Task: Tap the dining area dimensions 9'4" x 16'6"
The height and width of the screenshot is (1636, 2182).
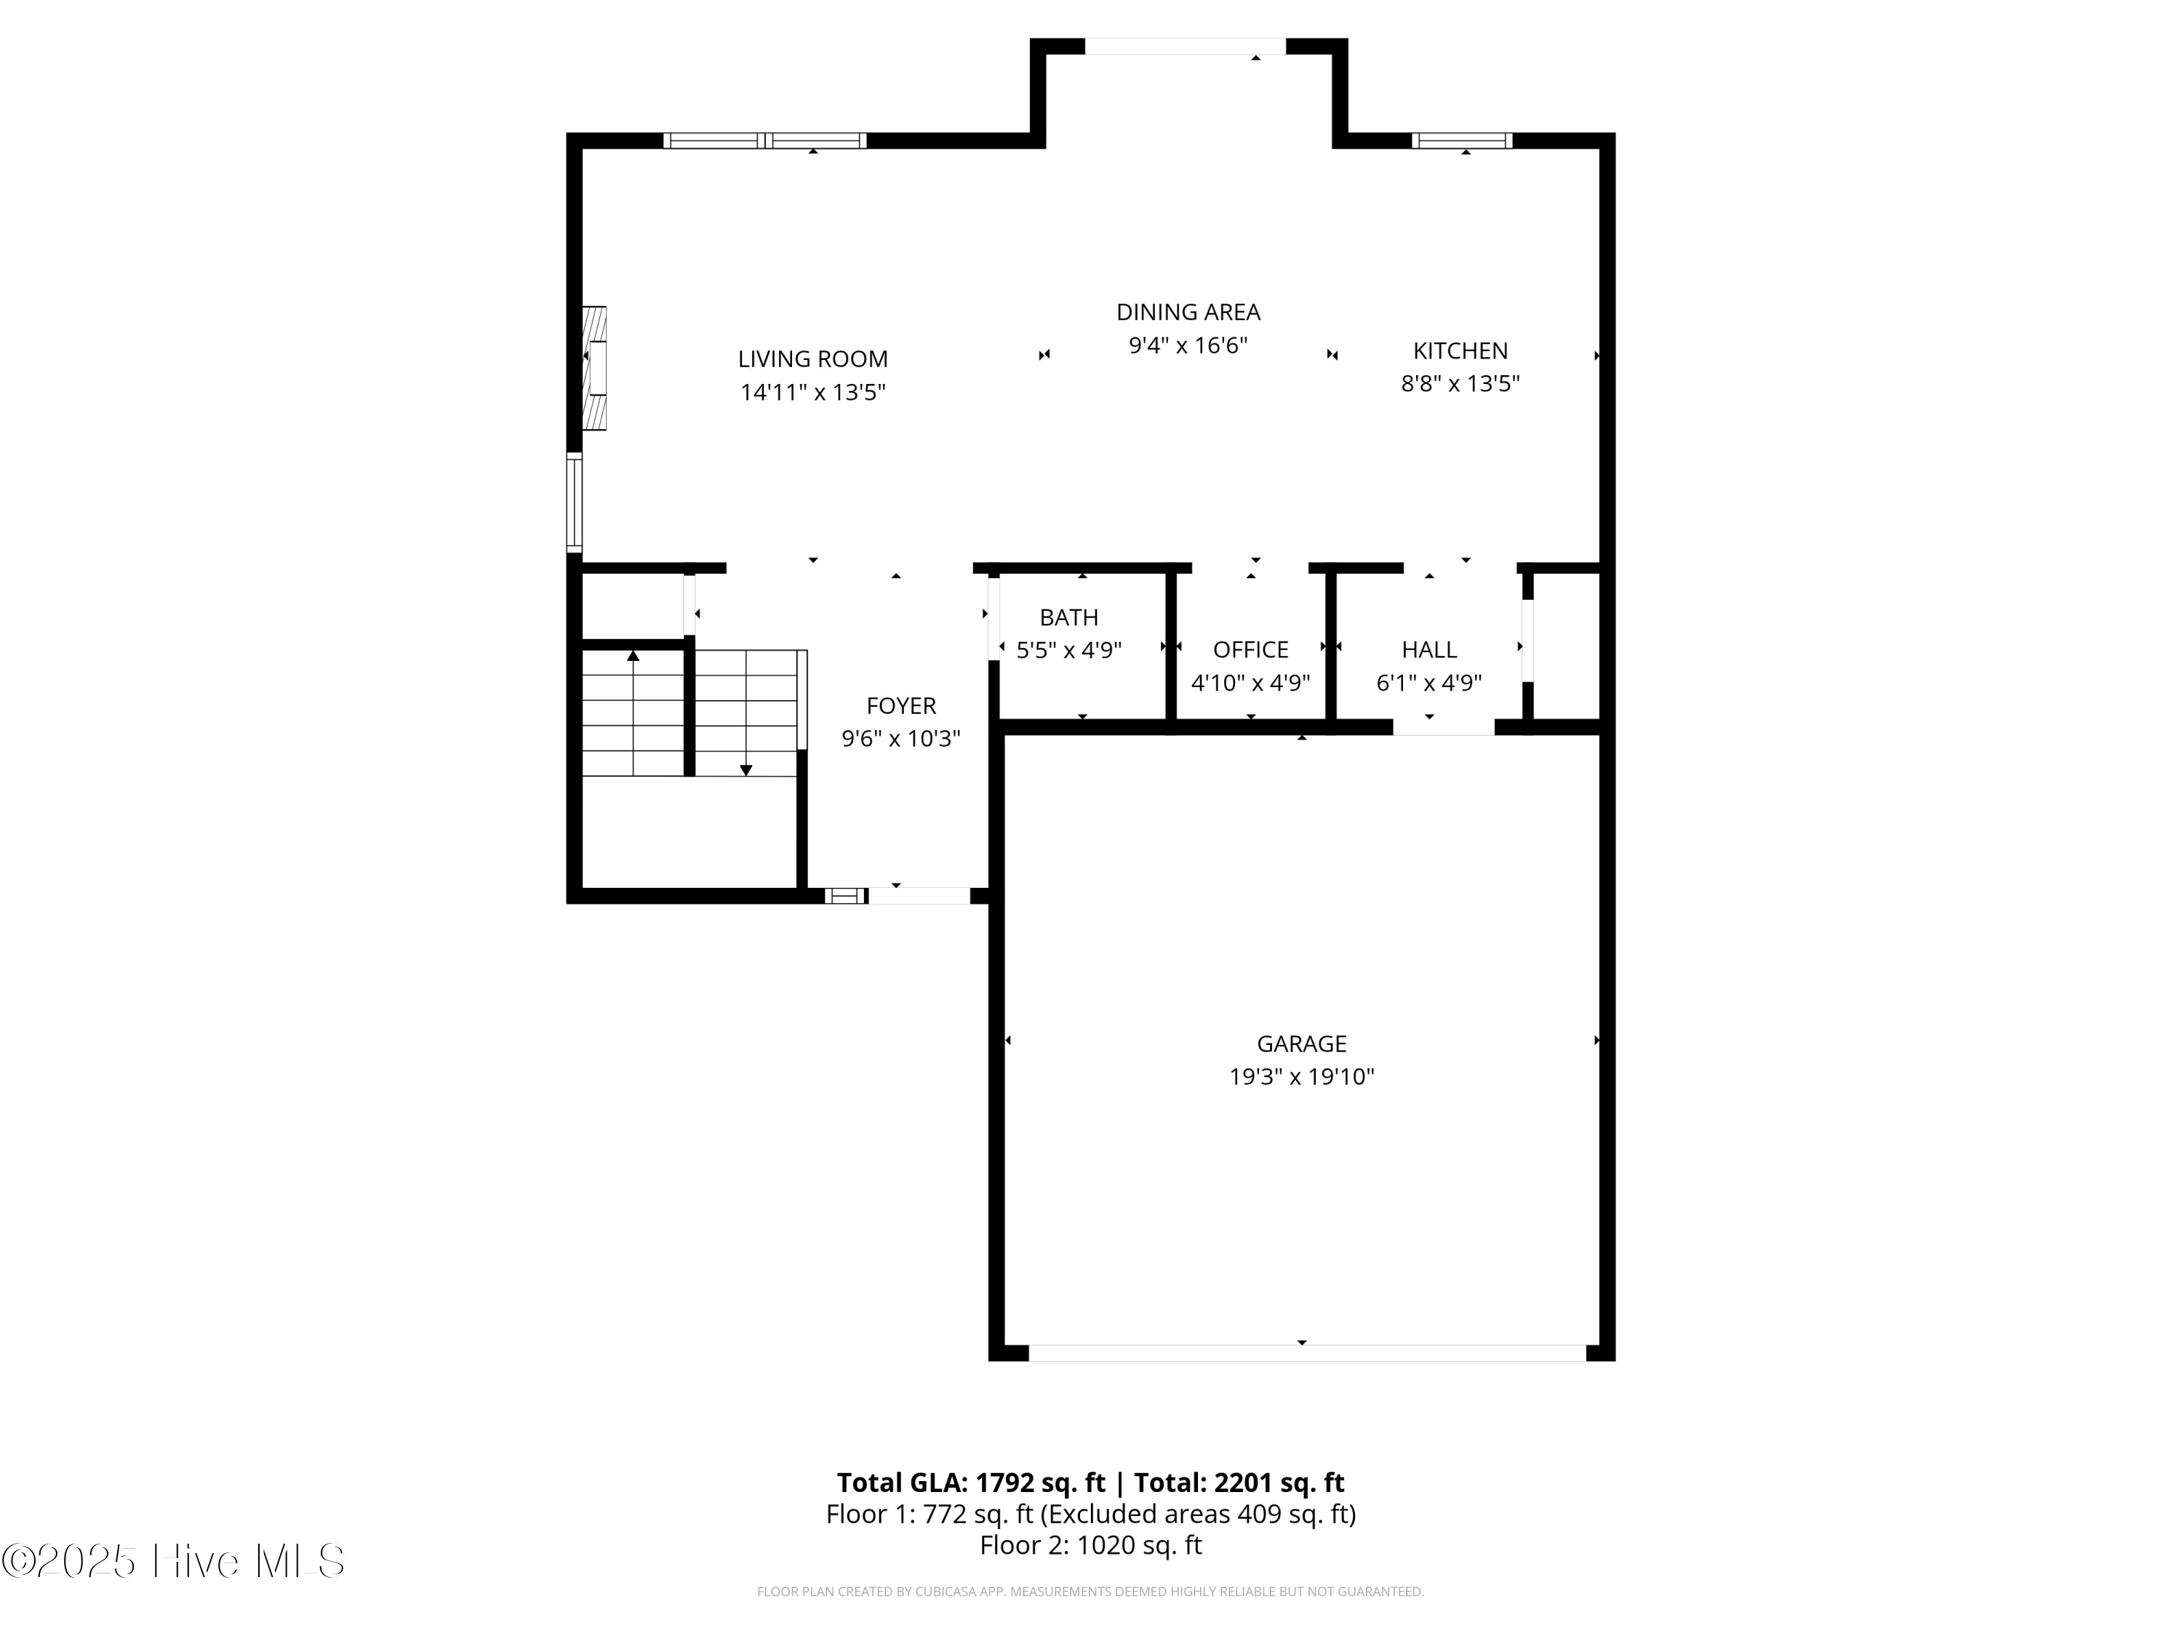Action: coord(1188,345)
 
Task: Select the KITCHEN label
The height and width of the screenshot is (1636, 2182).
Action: coord(1460,351)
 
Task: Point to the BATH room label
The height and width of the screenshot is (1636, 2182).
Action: coord(1068,617)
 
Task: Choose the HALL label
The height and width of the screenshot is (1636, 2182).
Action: coord(1428,650)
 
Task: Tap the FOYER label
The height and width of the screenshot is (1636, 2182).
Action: coord(900,706)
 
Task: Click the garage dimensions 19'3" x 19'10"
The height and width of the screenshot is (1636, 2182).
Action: coord(1301,1077)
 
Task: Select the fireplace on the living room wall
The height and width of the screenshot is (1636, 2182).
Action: coord(595,368)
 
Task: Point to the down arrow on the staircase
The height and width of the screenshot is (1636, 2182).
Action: coord(746,769)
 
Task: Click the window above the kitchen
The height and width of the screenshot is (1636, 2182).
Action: coord(1462,141)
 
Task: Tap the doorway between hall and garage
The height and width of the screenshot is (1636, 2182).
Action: coord(1443,728)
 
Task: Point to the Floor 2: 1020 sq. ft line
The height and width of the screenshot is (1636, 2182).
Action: coord(1090,1544)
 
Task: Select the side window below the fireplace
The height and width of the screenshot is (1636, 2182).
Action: coord(573,503)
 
